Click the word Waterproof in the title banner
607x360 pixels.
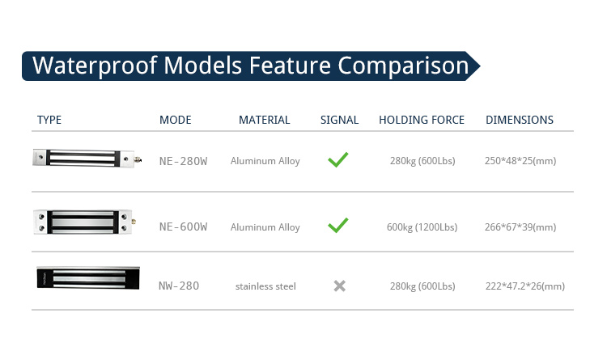click(x=95, y=66)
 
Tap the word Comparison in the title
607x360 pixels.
click(x=403, y=66)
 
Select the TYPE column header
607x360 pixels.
click(x=49, y=120)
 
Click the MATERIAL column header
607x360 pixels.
click(x=265, y=120)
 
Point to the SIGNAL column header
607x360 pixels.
click(x=339, y=120)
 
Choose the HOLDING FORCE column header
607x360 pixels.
click(x=422, y=120)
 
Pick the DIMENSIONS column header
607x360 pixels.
click(x=520, y=120)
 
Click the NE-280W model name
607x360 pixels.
click(x=184, y=161)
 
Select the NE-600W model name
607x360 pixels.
click(x=184, y=227)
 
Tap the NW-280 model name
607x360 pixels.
click(x=179, y=286)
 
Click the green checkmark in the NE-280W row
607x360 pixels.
click(x=338, y=159)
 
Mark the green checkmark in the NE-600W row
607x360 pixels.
click(x=338, y=225)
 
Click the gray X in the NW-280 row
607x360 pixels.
click(x=339, y=286)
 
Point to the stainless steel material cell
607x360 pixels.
click(x=265, y=286)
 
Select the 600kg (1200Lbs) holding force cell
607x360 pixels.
click(x=422, y=227)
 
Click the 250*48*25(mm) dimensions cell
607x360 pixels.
click(x=520, y=161)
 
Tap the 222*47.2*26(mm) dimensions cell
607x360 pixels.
click(x=525, y=286)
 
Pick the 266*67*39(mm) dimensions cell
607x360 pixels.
click(x=520, y=227)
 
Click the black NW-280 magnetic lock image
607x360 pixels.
click(x=88, y=278)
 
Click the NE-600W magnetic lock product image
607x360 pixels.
click(x=85, y=222)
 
